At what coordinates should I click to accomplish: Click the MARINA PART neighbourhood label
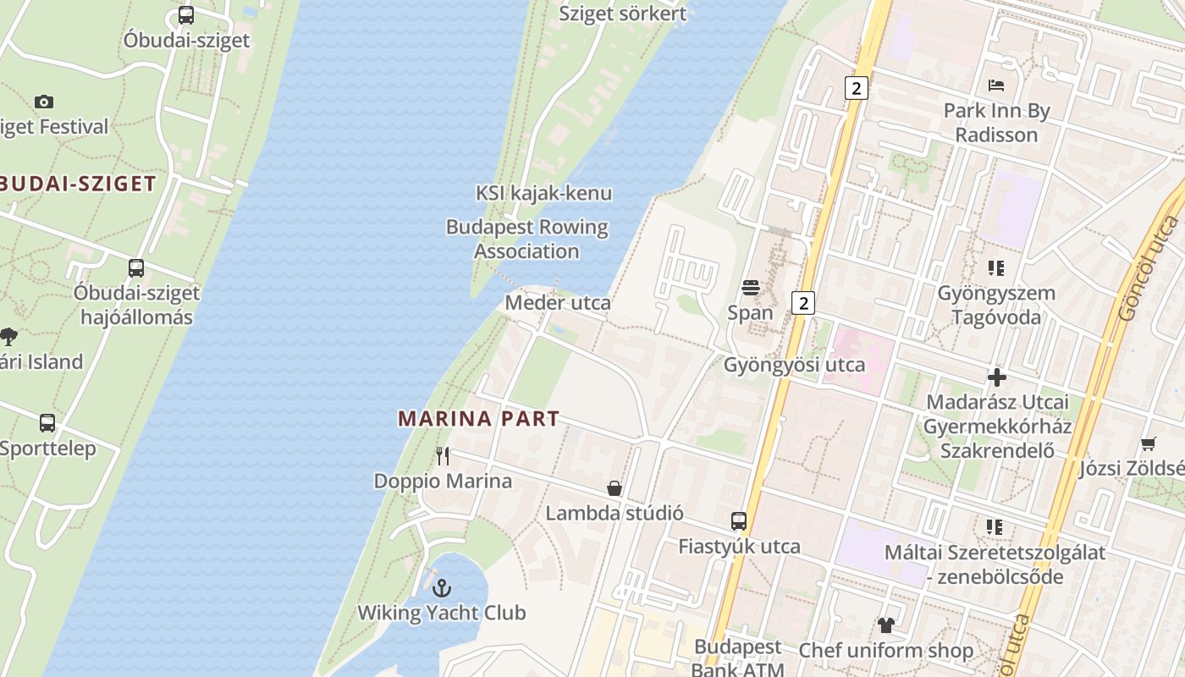pyautogui.click(x=478, y=418)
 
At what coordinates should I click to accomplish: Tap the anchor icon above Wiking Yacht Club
pyautogui.click(x=441, y=587)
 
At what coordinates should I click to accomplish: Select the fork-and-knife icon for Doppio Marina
pyautogui.click(x=443, y=456)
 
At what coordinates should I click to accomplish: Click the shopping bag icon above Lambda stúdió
pyautogui.click(x=615, y=488)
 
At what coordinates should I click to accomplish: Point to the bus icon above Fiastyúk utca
pyautogui.click(x=739, y=521)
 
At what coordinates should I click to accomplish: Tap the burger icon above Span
pyautogui.click(x=750, y=288)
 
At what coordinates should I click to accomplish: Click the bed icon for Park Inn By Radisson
pyautogui.click(x=996, y=85)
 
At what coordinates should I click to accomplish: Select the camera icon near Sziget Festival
pyautogui.click(x=44, y=102)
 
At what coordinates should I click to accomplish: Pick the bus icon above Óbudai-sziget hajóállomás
pyautogui.click(x=136, y=268)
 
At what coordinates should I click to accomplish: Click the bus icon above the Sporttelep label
pyautogui.click(x=47, y=423)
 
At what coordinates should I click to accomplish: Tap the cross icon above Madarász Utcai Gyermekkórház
pyautogui.click(x=997, y=377)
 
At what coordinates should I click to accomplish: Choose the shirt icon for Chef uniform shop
pyautogui.click(x=885, y=625)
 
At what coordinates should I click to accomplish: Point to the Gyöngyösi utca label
pyautogui.click(x=794, y=365)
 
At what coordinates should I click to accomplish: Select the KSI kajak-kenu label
pyautogui.click(x=543, y=193)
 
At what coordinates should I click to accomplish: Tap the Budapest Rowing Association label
pyautogui.click(x=526, y=239)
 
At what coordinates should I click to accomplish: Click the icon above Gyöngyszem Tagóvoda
pyautogui.click(x=996, y=268)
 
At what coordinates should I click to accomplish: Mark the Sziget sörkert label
pyautogui.click(x=622, y=14)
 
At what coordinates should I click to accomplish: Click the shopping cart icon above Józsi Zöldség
pyautogui.click(x=1149, y=443)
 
